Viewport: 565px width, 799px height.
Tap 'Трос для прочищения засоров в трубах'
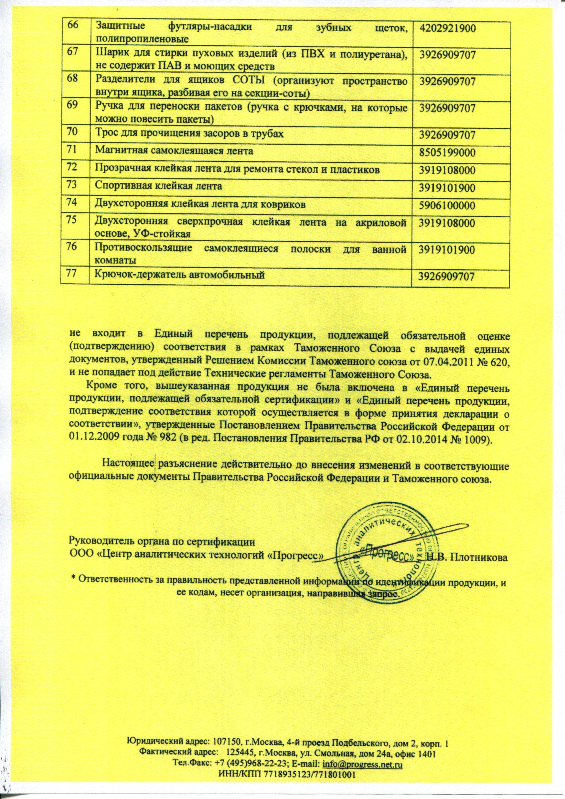[189, 133]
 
